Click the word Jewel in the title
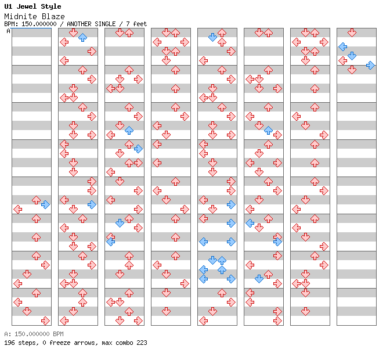[x=26, y=6]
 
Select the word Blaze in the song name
[x=53, y=16]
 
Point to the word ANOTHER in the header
[x=79, y=24]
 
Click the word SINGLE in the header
[x=105, y=24]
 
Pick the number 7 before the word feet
[x=128, y=24]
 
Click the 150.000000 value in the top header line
[x=39, y=24]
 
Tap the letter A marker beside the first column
[x=9, y=31]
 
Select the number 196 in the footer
[x=9, y=343]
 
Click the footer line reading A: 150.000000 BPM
[x=34, y=334]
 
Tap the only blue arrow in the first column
[x=45, y=205]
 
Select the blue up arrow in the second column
[x=82, y=37]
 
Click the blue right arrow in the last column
[x=370, y=65]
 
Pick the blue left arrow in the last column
[x=343, y=46]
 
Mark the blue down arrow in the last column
[x=352, y=56]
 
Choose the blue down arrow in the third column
[x=120, y=223]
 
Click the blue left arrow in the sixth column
[x=250, y=223]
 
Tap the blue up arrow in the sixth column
[x=268, y=130]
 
